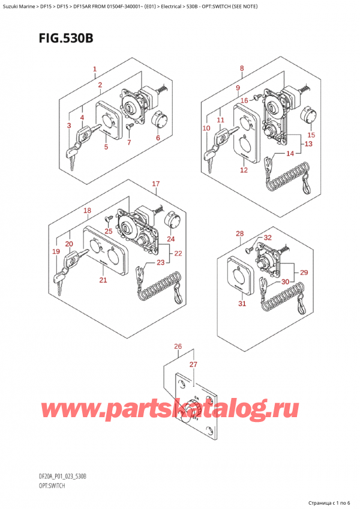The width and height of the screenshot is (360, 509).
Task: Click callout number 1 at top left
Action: [95, 70]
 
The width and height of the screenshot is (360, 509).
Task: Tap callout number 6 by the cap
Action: [158, 137]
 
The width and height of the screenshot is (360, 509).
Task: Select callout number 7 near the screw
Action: [128, 142]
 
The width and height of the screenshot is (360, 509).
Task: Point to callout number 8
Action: [241, 69]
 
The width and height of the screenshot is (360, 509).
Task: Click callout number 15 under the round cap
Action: [311, 135]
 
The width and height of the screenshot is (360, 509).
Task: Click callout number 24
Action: [171, 239]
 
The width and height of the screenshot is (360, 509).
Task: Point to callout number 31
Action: [242, 303]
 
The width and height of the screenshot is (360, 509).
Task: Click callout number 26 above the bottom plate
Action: [177, 346]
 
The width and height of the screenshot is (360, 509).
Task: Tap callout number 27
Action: [193, 364]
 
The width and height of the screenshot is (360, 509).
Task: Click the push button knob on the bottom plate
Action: [193, 409]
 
